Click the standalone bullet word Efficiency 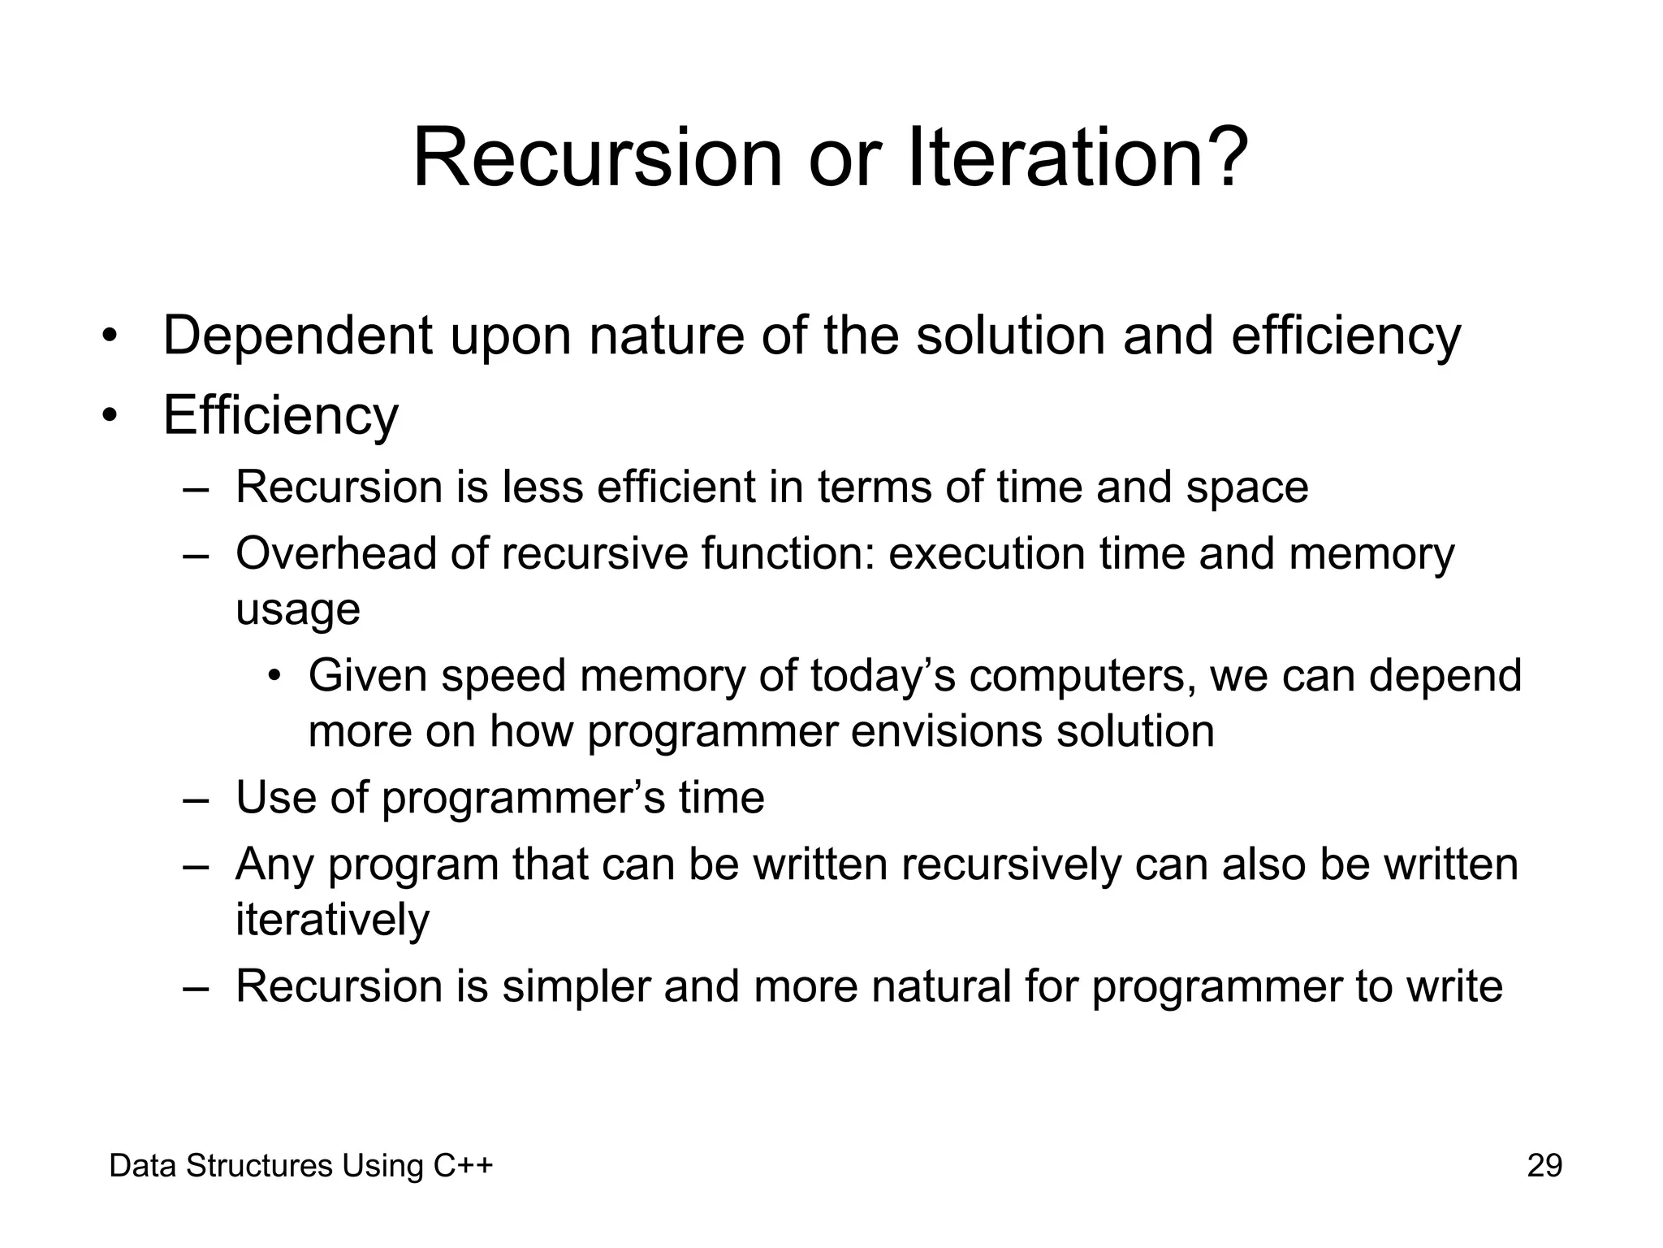point(281,415)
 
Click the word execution point(986,554)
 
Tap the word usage point(297,611)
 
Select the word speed point(503,676)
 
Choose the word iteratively point(332,920)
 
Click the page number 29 point(1544,1166)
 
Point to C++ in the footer point(463,1166)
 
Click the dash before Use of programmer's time point(196,799)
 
